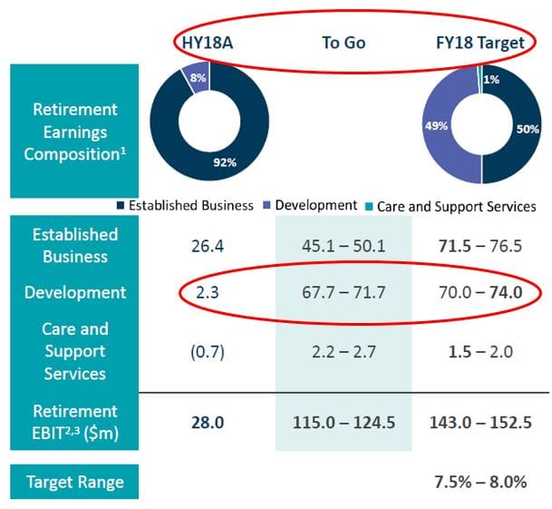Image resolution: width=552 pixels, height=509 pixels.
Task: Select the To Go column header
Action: tap(343, 42)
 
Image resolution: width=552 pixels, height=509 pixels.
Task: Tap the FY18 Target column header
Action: tap(481, 42)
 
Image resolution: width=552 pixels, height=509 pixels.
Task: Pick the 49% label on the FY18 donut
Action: tap(435, 126)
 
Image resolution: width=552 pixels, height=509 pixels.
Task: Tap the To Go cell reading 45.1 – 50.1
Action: tap(343, 247)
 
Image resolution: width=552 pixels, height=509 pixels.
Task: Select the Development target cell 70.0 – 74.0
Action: tap(481, 293)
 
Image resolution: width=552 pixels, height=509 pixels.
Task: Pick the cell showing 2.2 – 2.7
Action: tap(343, 351)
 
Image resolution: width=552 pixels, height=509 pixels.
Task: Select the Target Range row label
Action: tap(74, 481)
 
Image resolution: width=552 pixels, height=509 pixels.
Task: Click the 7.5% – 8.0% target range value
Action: tap(481, 481)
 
